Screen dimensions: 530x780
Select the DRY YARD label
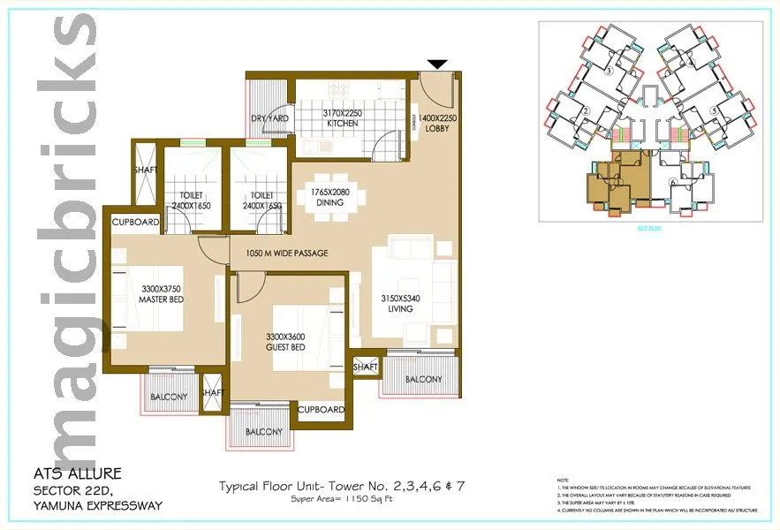point(269,118)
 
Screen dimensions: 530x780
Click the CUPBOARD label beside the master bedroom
point(135,222)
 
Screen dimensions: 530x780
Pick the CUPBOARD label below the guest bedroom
point(320,410)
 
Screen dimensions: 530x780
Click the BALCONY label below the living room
point(423,380)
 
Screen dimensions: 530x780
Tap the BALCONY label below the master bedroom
point(168,397)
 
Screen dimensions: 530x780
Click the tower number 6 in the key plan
point(674,183)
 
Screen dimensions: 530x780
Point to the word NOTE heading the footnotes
point(564,476)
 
